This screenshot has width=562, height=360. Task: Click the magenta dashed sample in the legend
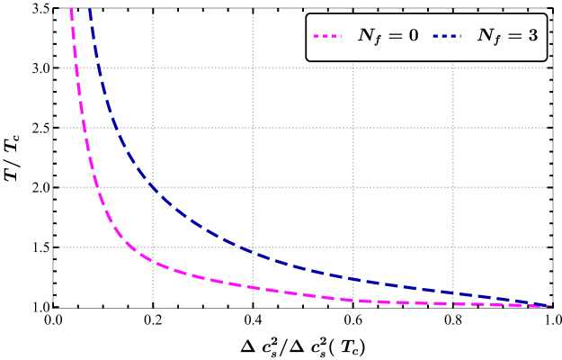pos(327,36)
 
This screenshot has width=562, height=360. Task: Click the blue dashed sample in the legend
pos(446,36)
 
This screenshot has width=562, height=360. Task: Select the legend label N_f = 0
pos(388,36)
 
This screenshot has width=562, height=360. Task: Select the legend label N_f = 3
pos(506,36)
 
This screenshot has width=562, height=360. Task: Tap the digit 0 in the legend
pos(412,35)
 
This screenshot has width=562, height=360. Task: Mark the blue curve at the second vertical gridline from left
pos(253,253)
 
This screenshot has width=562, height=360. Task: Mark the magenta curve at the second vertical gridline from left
pos(253,288)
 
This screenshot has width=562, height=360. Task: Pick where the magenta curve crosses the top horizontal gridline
pos(77,67)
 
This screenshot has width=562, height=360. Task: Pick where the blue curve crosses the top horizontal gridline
pos(98,67)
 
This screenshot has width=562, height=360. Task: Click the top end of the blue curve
pos(87,9)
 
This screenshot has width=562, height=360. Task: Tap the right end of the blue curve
pos(548,306)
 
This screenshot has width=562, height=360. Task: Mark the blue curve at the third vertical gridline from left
pos(352,279)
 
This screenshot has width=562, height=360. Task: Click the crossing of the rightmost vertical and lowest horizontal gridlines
pos(452,247)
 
